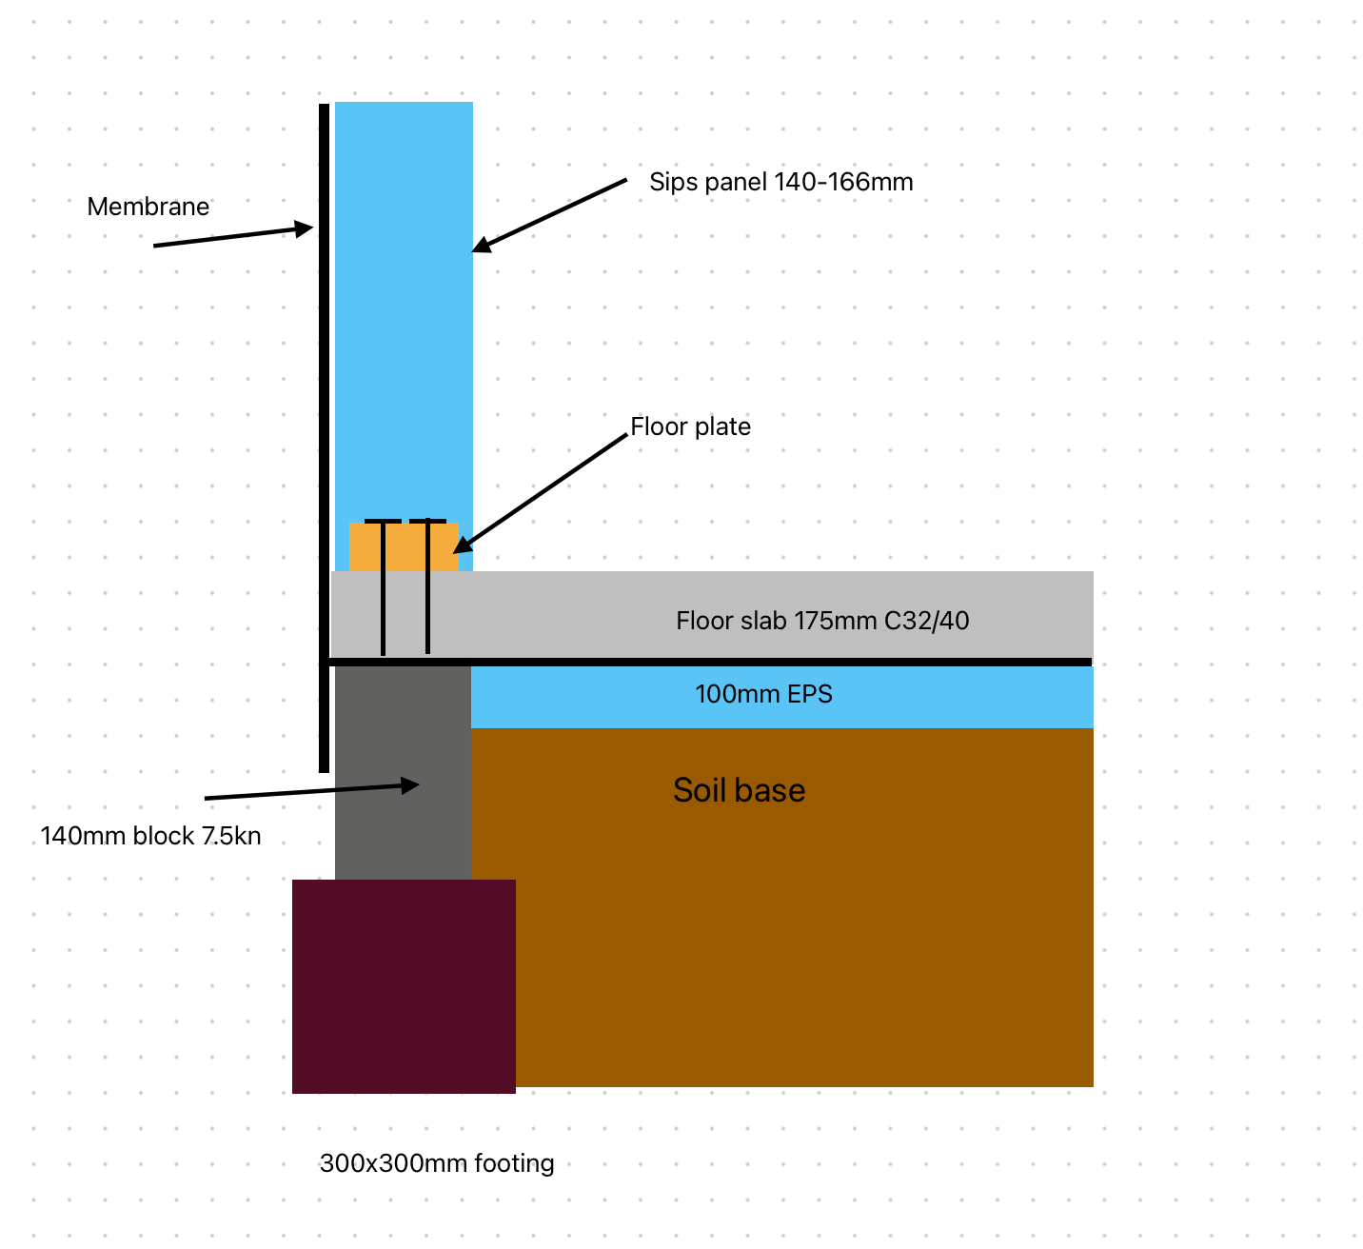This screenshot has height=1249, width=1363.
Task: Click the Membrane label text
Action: [x=148, y=206]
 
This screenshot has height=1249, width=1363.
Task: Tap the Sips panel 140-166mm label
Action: [x=780, y=182]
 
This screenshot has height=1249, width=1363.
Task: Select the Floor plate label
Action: [x=690, y=426]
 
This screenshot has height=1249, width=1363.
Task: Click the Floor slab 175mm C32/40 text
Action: [x=821, y=620]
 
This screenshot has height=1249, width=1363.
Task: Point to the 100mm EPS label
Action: [x=762, y=693]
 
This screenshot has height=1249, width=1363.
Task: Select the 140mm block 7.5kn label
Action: [x=150, y=836]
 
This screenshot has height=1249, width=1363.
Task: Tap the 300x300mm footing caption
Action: [x=436, y=1162]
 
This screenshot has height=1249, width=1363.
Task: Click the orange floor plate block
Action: [x=403, y=546]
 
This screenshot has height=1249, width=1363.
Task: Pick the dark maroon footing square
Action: [x=403, y=986]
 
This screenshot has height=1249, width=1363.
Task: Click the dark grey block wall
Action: [x=403, y=772]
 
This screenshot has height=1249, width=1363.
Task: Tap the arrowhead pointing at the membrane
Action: [x=304, y=228]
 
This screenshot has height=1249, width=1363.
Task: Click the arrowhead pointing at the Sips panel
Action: [x=481, y=245]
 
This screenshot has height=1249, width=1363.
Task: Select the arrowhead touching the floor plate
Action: [x=462, y=545]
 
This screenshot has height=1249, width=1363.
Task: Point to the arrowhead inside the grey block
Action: [x=409, y=785]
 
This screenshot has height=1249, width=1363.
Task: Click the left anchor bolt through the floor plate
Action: [x=383, y=587]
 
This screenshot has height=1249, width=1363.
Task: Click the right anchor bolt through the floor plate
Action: [x=427, y=586]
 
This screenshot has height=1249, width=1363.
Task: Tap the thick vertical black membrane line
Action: [x=325, y=438]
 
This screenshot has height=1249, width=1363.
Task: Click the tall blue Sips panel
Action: [x=404, y=313]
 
